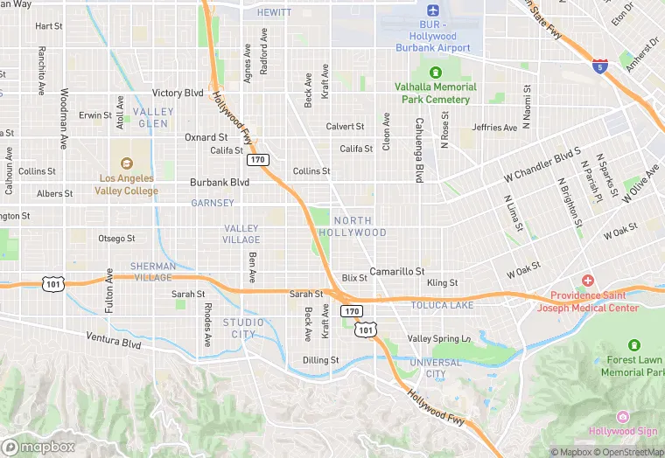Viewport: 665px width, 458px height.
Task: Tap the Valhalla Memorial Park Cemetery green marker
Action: click(435, 72)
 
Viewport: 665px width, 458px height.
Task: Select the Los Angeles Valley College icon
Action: click(127, 163)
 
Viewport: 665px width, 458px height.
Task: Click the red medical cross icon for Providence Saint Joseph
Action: click(588, 280)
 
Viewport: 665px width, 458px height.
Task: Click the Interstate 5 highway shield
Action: click(599, 66)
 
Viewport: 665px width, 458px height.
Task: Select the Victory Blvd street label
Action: click(178, 93)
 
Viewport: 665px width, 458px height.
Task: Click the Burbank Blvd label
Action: click(220, 183)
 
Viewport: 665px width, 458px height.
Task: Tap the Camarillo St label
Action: click(396, 272)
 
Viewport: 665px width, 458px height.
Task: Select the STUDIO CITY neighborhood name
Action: click(243, 328)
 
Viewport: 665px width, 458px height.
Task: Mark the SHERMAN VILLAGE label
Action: click(153, 271)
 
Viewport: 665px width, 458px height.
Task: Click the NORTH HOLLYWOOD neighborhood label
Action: click(352, 226)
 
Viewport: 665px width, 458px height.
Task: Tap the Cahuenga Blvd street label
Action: click(420, 149)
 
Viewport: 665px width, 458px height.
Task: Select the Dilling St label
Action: click(320, 359)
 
